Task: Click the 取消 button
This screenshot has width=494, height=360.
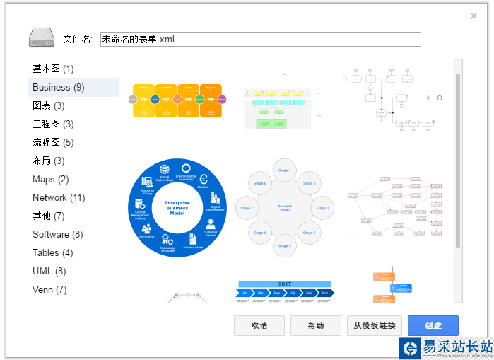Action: click(259, 325)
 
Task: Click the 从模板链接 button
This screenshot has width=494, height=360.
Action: click(375, 325)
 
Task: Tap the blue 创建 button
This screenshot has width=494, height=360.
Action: click(433, 325)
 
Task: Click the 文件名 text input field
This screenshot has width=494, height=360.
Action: click(260, 40)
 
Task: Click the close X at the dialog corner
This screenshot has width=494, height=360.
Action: click(474, 16)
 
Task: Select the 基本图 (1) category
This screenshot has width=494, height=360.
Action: click(53, 69)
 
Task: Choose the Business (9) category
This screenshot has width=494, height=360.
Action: click(59, 87)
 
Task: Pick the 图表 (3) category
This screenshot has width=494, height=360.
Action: click(49, 105)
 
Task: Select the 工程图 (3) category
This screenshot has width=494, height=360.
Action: click(53, 124)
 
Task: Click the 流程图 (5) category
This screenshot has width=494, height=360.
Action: click(53, 142)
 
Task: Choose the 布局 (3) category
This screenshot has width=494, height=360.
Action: click(49, 161)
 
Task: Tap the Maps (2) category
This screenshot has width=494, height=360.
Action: click(51, 179)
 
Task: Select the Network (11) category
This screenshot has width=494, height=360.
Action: click(59, 197)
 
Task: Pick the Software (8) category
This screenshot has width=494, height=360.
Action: click(58, 234)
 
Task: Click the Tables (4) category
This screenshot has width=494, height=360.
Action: click(53, 252)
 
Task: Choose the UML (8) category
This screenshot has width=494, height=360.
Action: click(49, 271)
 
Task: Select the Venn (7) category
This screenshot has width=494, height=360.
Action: click(50, 289)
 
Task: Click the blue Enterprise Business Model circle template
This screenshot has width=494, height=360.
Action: click(177, 207)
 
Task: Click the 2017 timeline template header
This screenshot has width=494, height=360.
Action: click(285, 284)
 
